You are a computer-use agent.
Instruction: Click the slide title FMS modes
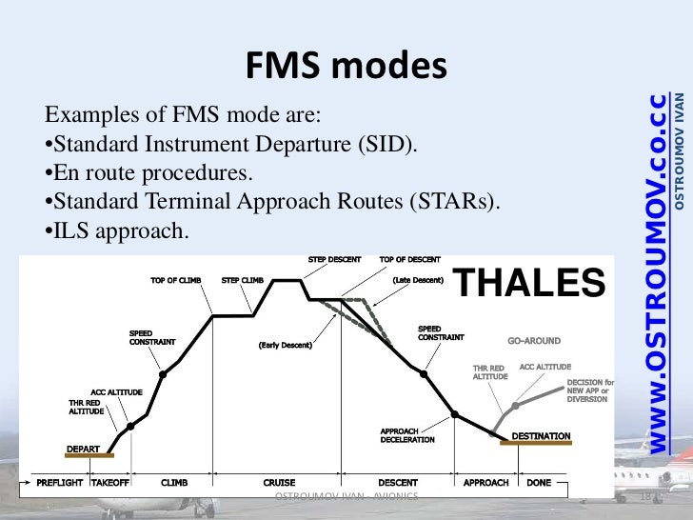click(x=346, y=65)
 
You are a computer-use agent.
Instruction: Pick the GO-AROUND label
click(x=534, y=340)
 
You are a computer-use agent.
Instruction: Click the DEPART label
click(x=82, y=448)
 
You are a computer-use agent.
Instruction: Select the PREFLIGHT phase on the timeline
click(x=60, y=483)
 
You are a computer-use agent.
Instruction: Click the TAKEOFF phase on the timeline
click(x=110, y=483)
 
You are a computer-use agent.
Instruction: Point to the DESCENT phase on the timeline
click(x=398, y=483)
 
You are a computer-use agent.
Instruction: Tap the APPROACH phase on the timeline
click(x=485, y=483)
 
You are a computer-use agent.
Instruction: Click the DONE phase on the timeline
click(x=539, y=483)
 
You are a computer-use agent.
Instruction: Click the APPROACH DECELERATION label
click(x=407, y=435)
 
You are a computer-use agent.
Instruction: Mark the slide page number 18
click(x=652, y=499)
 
